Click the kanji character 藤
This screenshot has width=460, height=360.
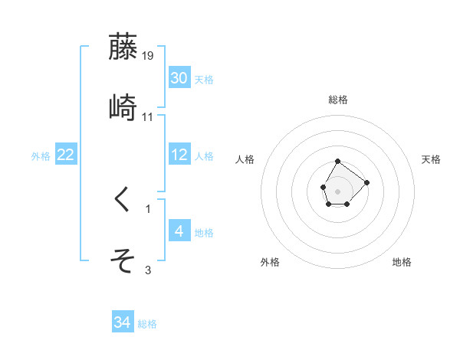123,47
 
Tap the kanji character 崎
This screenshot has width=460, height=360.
123,108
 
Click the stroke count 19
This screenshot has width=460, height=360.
148,55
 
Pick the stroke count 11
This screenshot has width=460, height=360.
148,116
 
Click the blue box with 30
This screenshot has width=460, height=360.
179,78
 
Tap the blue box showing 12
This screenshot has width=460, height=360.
179,155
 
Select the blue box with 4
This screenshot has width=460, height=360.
179,231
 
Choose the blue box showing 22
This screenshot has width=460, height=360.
66,155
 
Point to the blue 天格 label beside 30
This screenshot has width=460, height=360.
203,80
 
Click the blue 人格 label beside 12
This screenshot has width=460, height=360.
203,156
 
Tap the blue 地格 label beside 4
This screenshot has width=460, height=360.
203,233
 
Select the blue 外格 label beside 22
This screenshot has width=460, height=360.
41,156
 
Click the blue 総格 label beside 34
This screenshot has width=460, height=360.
147,324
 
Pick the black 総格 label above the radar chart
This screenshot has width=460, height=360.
338,100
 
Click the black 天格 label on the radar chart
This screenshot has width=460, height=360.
432,159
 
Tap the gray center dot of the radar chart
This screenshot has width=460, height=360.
338,190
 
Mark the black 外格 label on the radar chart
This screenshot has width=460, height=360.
270,262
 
